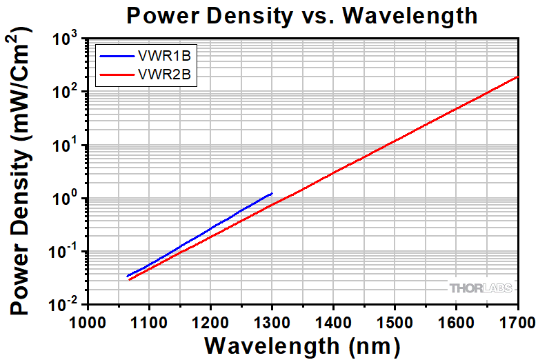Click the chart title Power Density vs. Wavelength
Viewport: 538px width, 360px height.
pyautogui.click(x=301, y=15)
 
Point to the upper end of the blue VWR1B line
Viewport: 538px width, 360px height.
pyautogui.click(x=272, y=194)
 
